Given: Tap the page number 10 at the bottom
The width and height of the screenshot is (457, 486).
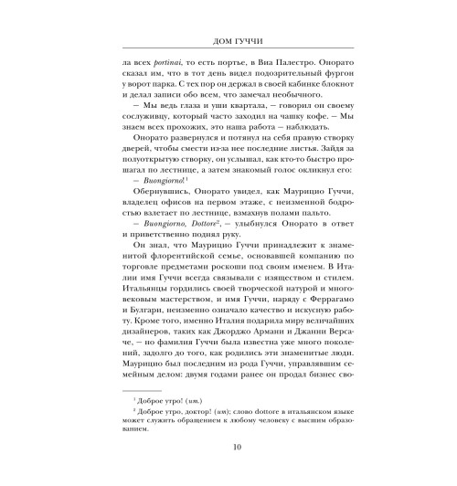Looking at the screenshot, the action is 228,471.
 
